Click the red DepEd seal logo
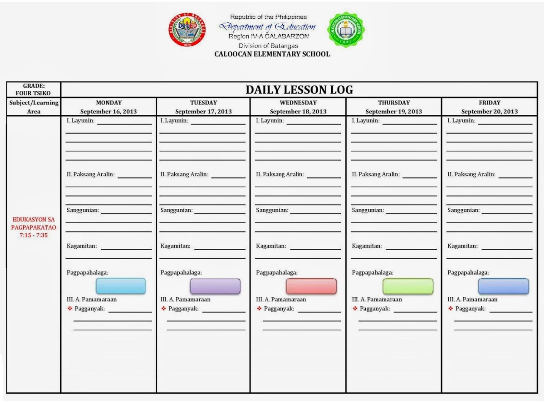[187, 29]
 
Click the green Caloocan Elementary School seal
[346, 30]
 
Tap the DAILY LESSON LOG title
[299, 90]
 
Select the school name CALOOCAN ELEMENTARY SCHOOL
[272, 54]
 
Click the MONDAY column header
[109, 103]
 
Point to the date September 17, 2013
[203, 111]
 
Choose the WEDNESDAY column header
[298, 103]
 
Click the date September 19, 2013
[394, 111]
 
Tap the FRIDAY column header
[489, 103]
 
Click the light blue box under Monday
[121, 286]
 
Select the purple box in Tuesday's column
[215, 286]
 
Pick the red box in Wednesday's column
[311, 286]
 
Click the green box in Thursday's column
[407, 286]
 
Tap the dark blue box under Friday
[503, 286]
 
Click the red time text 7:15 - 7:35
[34, 235]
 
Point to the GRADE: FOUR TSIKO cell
[33, 89]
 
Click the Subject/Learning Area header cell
[34, 107]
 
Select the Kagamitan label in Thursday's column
[367, 246]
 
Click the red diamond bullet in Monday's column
[70, 308]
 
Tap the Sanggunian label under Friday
[463, 210]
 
